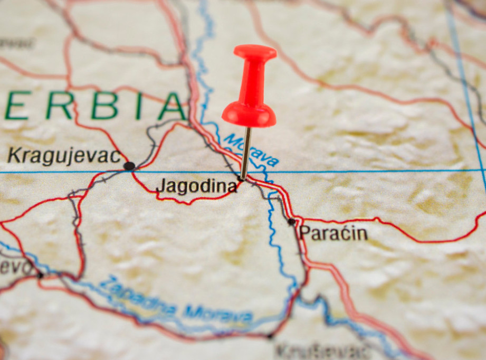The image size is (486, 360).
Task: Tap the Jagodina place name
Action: point(196,186)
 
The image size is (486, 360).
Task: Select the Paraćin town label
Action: point(333,233)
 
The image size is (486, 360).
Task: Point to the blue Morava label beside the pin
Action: point(251,149)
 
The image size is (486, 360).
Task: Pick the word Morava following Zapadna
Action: point(217,314)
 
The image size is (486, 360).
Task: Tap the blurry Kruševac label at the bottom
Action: point(322,351)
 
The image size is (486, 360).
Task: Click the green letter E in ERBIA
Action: point(17,106)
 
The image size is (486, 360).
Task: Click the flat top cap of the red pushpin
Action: point(255,52)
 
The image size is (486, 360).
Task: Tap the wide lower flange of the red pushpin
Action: point(249,115)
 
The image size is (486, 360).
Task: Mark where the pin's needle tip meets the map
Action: point(242,179)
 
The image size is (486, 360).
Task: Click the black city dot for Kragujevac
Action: point(129,166)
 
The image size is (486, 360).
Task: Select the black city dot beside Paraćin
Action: point(291,222)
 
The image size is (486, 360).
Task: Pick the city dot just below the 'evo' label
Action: point(40,275)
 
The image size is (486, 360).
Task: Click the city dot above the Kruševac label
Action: point(270,336)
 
